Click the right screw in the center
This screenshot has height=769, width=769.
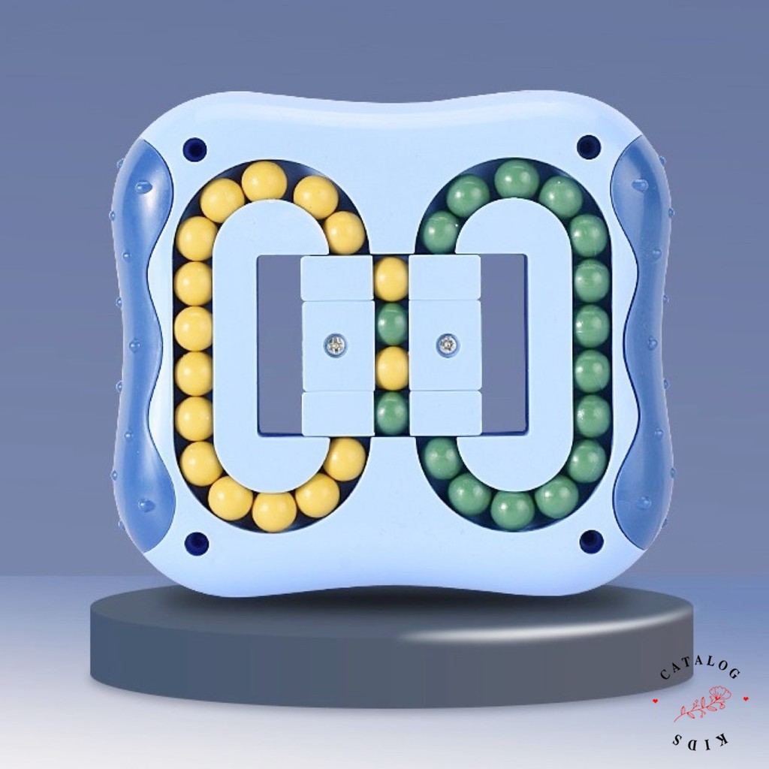446,343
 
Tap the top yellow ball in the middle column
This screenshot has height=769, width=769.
391,276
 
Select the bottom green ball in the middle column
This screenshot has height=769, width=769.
391,413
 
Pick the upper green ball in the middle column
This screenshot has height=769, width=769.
391,324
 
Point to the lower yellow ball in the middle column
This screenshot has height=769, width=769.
391,368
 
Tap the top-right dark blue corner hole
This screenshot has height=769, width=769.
587,146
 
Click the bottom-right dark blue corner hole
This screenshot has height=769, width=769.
589,539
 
